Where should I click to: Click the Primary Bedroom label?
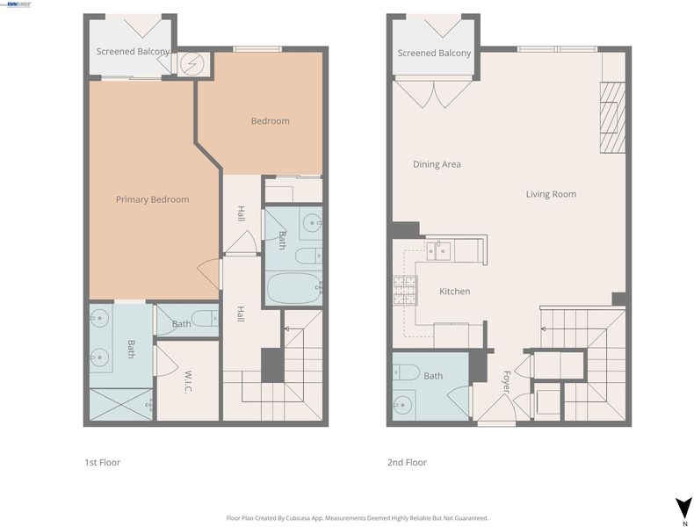(152, 199)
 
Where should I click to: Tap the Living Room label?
(551, 194)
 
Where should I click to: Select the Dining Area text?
(437, 164)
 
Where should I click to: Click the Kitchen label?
(454, 291)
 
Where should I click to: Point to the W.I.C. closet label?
(188, 381)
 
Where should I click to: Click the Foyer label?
(507, 381)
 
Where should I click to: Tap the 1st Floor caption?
(102, 462)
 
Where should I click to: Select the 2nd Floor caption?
(407, 462)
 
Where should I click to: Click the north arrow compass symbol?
(683, 507)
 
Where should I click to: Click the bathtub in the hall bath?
(294, 288)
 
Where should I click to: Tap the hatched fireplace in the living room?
(612, 118)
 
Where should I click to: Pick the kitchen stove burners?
(405, 290)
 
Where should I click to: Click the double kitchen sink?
(438, 251)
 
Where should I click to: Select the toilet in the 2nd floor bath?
(406, 372)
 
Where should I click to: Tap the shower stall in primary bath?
(121, 404)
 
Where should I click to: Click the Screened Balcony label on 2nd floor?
(434, 53)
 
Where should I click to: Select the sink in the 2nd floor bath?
(403, 404)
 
